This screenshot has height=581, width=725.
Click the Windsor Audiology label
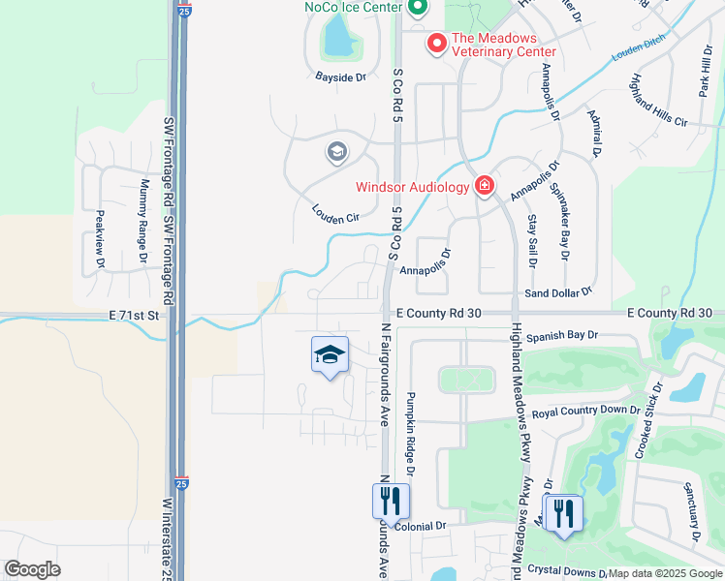click(412, 186)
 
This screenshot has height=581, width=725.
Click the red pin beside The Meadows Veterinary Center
click(436, 44)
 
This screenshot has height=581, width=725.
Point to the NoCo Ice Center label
click(353, 8)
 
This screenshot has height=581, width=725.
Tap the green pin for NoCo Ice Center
click(418, 8)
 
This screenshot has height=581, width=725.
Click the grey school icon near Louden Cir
click(336, 152)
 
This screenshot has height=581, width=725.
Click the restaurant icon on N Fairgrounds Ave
click(392, 501)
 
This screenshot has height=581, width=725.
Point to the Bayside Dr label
click(340, 76)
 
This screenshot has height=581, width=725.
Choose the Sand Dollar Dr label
click(557, 291)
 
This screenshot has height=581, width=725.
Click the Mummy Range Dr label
click(143, 221)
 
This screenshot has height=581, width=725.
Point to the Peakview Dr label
click(100, 240)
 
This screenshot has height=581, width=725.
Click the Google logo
click(32, 569)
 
